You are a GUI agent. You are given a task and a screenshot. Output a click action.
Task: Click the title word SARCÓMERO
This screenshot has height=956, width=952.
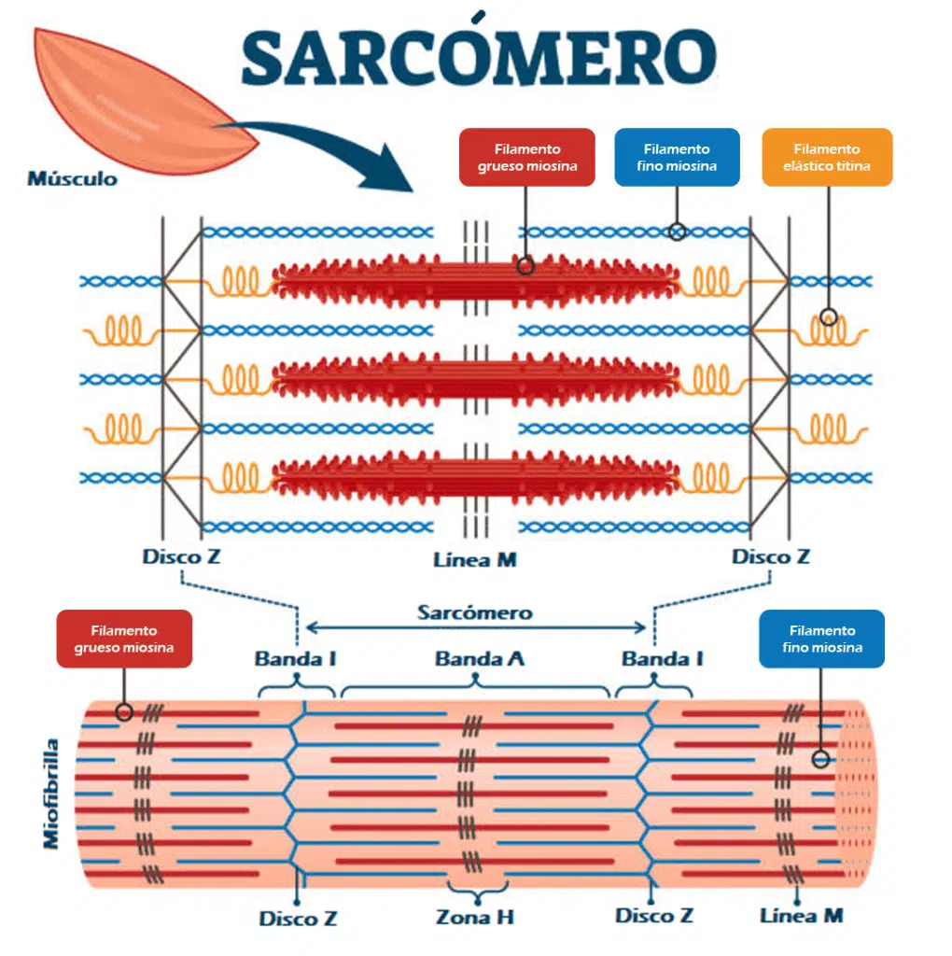477,57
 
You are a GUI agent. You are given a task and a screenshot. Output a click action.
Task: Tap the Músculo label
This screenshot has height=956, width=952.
73,177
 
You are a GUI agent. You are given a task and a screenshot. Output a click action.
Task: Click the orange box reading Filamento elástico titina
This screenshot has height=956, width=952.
826,157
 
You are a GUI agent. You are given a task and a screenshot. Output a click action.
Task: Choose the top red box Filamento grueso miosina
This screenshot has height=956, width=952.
527,157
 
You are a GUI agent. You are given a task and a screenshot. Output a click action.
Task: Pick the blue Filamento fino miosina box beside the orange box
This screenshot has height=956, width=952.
677,157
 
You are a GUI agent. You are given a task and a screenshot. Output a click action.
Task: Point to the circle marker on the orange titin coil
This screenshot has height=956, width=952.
828,317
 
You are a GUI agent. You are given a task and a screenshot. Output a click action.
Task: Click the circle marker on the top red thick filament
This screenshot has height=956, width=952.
525,265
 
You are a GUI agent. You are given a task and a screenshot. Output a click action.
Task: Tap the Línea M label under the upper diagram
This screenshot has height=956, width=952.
475,560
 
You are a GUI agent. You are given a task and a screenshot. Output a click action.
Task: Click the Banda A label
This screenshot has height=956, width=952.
479,659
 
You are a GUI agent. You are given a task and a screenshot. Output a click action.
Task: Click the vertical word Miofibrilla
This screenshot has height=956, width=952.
51,794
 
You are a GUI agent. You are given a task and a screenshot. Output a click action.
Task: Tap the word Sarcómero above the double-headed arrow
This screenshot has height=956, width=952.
475,612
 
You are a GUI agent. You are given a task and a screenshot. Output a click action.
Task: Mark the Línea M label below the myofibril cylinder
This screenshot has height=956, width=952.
801,915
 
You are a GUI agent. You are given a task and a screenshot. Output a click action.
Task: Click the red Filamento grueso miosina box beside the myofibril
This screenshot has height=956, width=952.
124,640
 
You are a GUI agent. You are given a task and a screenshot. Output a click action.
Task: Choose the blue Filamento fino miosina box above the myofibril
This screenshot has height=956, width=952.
821,640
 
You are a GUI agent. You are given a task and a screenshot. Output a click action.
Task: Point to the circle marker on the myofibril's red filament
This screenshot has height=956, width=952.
123,712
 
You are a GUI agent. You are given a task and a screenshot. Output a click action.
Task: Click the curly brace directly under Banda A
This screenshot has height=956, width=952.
476,689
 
